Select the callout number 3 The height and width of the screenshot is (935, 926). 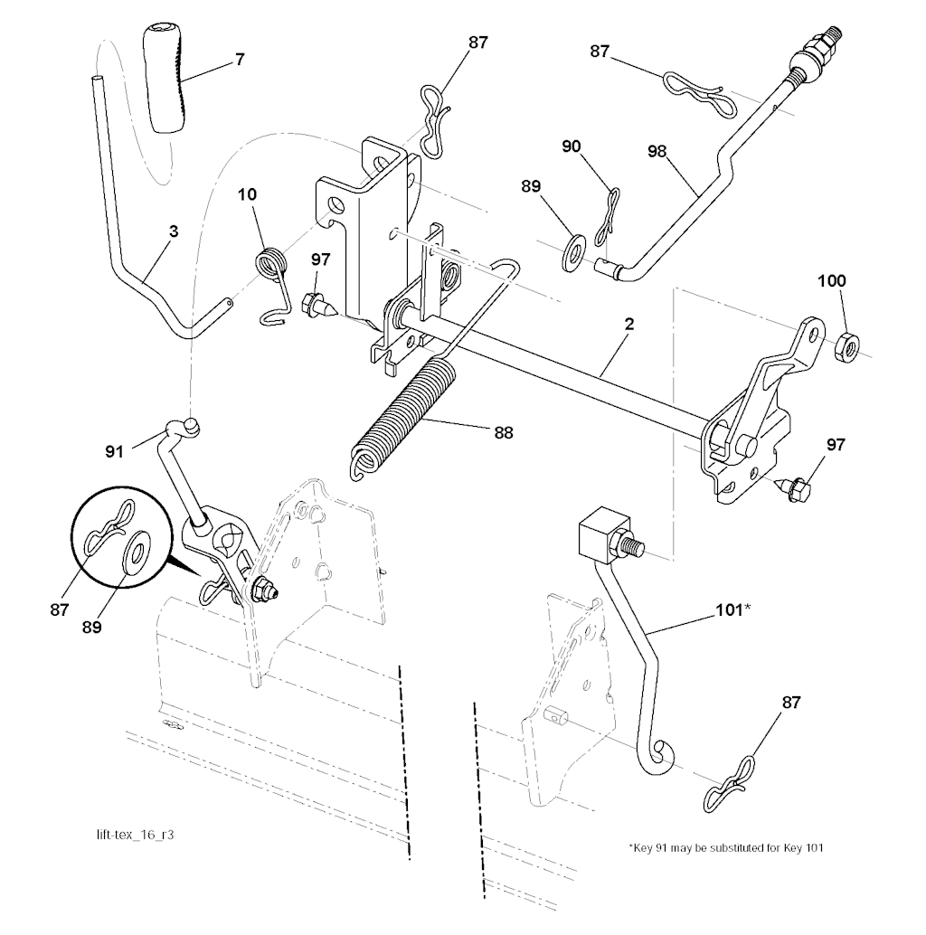pyautogui.click(x=173, y=231)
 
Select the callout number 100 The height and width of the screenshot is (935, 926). pyautogui.click(x=832, y=281)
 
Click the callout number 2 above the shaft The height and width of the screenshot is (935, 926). pyautogui.click(x=628, y=323)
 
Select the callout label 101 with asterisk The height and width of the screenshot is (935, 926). pyautogui.click(x=732, y=609)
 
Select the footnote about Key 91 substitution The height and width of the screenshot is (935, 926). pyautogui.click(x=725, y=847)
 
